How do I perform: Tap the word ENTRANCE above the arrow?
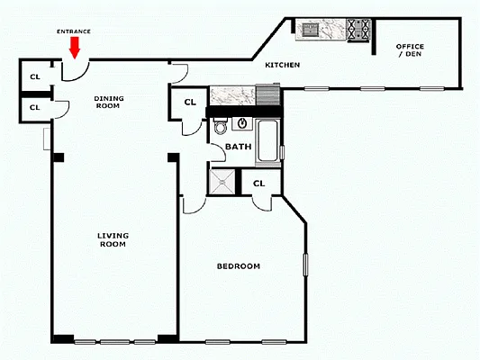75,30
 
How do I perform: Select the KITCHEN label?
282,66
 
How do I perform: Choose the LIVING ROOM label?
113,239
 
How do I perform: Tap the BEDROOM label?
239,266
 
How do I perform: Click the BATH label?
238,146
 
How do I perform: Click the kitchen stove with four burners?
358,30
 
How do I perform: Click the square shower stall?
224,184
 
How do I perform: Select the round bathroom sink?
242,122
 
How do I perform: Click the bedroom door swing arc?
195,206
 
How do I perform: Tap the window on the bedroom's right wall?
305,265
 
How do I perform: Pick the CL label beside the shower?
259,184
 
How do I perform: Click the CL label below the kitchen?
190,102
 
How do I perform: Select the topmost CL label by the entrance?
35,76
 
